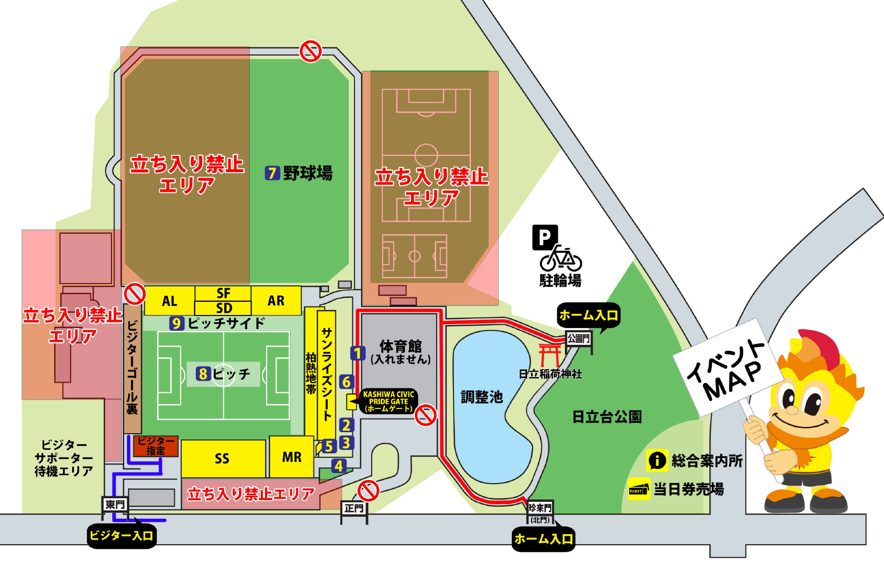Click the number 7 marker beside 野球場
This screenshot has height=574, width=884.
pos(272,173)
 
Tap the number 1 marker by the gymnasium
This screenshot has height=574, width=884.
pos(357,353)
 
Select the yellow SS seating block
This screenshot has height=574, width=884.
pos(223,458)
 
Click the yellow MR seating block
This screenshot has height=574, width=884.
pos(291,457)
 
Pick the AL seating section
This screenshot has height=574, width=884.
pos(169,301)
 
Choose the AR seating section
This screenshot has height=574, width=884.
pos(276,300)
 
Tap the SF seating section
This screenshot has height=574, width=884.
pos(223,293)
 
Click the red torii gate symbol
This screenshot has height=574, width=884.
pos(549,354)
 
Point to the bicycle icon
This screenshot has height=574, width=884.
pos(561,259)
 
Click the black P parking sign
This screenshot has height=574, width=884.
pos(544,237)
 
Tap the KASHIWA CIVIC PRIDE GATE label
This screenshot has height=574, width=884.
pos(388,401)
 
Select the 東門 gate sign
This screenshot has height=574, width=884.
pos(115,504)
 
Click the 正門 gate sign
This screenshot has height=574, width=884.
pos(354,508)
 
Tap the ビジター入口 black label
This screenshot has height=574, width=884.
pos(121,536)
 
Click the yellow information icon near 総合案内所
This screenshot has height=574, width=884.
pos(657,460)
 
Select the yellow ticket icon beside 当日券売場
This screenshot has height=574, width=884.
pos(638,489)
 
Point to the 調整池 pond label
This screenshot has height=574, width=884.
pos(482,397)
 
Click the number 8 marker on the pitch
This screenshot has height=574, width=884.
pos(203,374)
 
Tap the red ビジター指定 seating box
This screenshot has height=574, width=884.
pos(155,446)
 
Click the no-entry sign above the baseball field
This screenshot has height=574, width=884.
pos(310,51)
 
